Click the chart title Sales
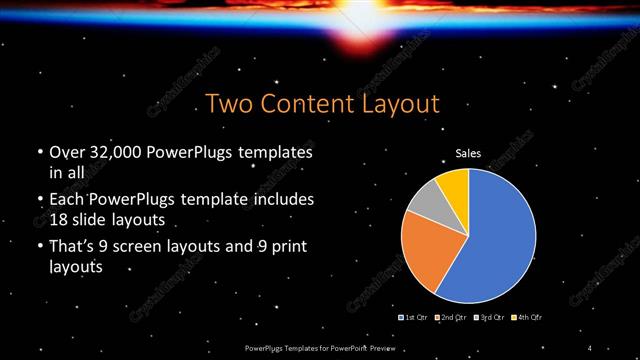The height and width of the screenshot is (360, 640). [469, 154]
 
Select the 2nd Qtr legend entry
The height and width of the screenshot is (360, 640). [451, 317]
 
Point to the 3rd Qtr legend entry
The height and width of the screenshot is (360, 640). [489, 317]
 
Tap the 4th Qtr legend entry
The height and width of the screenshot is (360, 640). [526, 317]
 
